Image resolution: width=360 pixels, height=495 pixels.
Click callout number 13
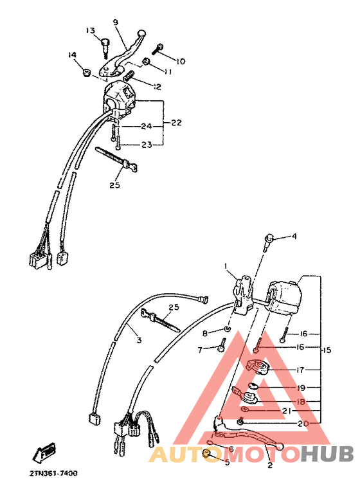pos(90,31)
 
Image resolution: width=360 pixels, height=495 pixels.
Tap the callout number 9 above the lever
pos(116,22)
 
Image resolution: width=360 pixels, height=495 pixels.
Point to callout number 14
pos(71,55)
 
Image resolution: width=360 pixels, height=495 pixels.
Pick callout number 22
pos(176,123)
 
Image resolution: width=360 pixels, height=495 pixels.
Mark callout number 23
pos(147,145)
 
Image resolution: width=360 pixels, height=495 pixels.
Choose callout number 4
pos(294,237)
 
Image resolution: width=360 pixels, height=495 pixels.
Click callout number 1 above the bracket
pos(226,265)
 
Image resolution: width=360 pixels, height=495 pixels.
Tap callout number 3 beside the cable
pos(138,340)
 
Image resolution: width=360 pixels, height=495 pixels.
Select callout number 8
pos(205,333)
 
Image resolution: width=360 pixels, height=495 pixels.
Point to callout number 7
pos(200,350)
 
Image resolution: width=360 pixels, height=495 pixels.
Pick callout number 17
pos(301,370)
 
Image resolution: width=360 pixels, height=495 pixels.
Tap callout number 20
pos(301,424)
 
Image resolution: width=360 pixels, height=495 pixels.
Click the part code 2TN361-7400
pos(53,474)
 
